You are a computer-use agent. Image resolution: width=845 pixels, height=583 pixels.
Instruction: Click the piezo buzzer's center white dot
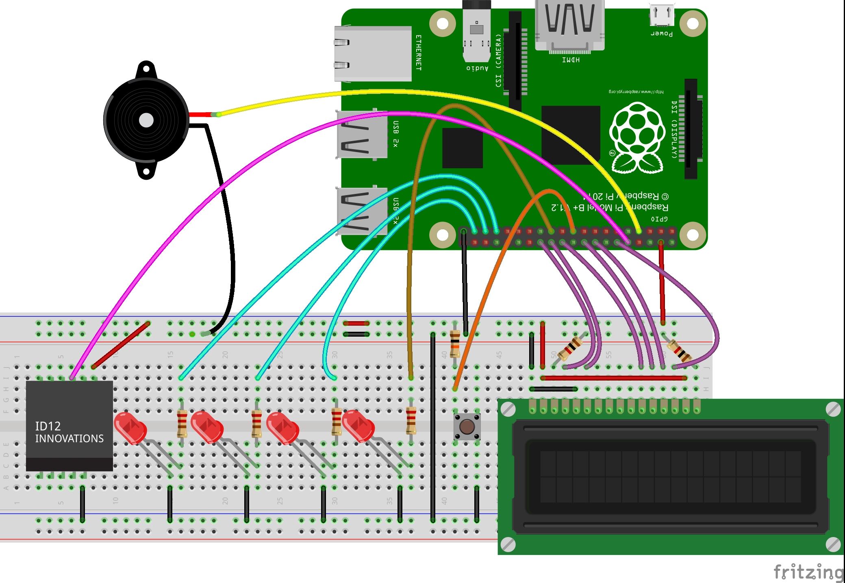[146, 120]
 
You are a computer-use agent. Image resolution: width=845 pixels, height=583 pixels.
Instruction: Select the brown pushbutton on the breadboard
[467, 426]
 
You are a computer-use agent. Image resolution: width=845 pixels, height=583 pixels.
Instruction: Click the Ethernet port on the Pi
[372, 54]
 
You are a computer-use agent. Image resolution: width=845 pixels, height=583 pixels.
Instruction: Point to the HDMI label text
[571, 60]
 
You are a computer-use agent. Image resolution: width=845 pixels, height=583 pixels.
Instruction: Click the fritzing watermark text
[808, 572]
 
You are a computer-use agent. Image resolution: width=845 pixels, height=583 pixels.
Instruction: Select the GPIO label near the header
[659, 219]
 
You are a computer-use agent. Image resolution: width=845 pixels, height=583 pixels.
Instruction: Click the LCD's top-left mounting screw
[508, 410]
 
